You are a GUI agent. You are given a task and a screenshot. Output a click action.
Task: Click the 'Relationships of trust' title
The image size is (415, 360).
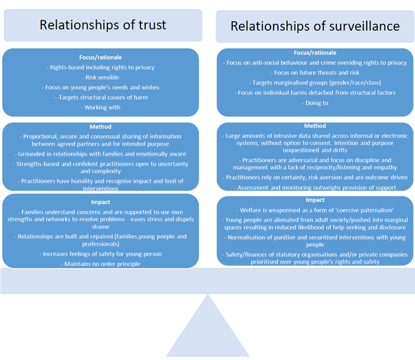(103, 25)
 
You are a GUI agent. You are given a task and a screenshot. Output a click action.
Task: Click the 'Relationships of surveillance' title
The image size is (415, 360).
(315, 26)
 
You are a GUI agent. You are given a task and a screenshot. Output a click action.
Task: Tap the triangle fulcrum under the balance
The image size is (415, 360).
(208, 326)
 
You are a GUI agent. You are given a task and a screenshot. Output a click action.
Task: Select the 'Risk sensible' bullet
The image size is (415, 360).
(101, 77)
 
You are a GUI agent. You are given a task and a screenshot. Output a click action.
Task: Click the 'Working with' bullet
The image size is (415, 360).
(101, 107)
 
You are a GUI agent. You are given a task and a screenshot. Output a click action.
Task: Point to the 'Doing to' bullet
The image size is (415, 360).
(315, 103)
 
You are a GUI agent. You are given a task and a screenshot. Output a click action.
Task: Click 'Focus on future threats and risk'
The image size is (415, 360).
(315, 73)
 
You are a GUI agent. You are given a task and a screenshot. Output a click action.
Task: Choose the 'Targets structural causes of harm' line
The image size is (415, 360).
(101, 97)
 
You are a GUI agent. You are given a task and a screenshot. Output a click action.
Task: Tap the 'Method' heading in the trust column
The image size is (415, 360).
(100, 126)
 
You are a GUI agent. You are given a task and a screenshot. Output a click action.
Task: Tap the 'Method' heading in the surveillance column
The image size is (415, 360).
(315, 126)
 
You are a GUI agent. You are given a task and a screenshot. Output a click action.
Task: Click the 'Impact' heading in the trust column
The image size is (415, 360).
(100, 202)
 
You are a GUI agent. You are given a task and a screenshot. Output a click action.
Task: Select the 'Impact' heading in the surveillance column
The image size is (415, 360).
(315, 200)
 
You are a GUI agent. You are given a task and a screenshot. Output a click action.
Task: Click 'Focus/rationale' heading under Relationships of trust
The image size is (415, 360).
(100, 57)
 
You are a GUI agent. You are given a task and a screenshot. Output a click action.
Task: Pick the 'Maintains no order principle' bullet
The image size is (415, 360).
(101, 264)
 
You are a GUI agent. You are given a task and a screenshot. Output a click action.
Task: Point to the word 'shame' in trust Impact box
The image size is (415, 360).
(101, 226)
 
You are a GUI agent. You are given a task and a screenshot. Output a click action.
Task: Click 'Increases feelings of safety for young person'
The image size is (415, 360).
(101, 254)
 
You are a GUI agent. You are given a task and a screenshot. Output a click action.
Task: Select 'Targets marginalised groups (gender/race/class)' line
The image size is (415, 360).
(315, 83)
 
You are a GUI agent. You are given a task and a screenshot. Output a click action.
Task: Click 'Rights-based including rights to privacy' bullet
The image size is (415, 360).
(101, 68)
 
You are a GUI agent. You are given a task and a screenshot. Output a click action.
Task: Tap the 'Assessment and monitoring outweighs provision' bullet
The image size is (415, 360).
(315, 188)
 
